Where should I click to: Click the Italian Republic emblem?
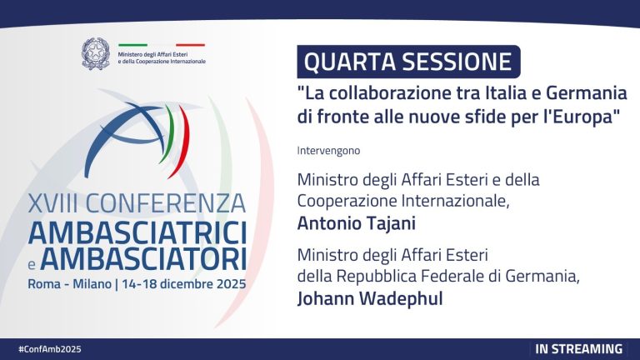(x=97, y=54)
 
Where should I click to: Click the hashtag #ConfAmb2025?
(x=50, y=348)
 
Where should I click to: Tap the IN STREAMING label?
(x=578, y=348)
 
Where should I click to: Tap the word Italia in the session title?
(x=503, y=92)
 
